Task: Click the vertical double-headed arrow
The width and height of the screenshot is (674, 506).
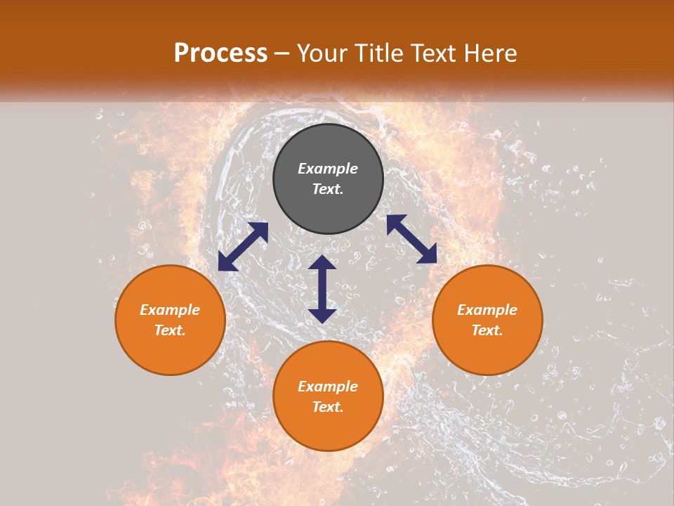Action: [x=322, y=289]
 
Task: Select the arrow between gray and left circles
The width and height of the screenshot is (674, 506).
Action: [x=243, y=247]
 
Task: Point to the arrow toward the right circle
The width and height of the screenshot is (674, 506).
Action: [x=411, y=239]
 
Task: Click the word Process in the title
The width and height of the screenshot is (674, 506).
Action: [x=220, y=53]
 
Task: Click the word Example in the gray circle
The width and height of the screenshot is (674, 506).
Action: [x=328, y=169]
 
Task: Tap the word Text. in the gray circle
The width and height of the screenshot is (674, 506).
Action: [x=328, y=189]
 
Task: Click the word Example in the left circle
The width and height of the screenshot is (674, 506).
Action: [x=170, y=310]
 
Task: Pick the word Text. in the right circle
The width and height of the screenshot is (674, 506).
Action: [x=487, y=330]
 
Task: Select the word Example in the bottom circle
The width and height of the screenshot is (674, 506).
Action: [x=328, y=387]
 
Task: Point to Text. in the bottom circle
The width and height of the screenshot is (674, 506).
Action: [x=328, y=407]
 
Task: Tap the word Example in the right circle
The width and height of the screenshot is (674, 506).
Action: [x=487, y=310]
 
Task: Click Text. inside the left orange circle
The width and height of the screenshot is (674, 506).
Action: [x=170, y=330]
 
